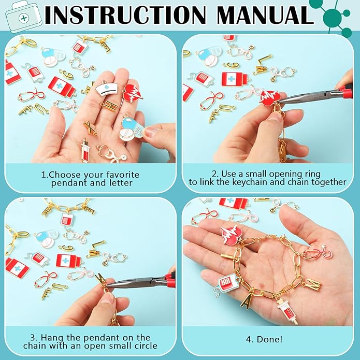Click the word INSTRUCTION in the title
pyautogui.click(x=125, y=15)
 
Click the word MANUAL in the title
pyautogui.click(x=265, y=15)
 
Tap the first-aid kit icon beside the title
pyautogui.click(x=23, y=18)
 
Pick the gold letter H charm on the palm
pyautogui.click(x=109, y=106)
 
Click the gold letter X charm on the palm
pyautogui.click(x=90, y=127)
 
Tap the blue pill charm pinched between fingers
pyautogui.click(x=132, y=129)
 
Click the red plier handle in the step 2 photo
pyautogui.click(x=345, y=91)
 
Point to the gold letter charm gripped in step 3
pyautogui.click(x=102, y=281)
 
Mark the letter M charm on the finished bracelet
pyautogui.click(x=313, y=285)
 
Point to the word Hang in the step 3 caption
pyautogui.click(x=53, y=338)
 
